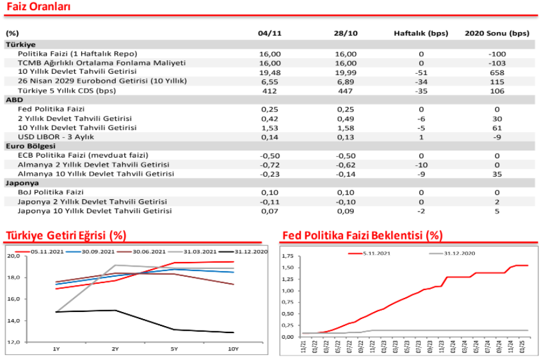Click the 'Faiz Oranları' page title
pos(38,6)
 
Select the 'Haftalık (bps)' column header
pos(421,33)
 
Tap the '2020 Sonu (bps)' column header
pos(497,33)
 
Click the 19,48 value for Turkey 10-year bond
pos(269,72)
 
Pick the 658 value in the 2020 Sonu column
pos(497,72)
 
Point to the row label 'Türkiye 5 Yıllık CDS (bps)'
pos(67,91)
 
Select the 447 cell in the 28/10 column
pos(345,91)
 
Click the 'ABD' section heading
pos(14,100)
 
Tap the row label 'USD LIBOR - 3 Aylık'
pos(56,137)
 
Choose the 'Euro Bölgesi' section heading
pos(30,146)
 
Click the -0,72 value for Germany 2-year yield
pos(269,165)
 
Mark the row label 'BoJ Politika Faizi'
pos(51,192)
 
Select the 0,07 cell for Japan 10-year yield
pos(269,211)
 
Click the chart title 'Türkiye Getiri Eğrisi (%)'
pos(66,235)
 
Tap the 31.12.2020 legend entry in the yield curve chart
pos(244,252)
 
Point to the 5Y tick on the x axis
pos(174,349)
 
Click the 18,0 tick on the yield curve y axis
pos(13,277)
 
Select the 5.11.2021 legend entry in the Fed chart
pos(369,254)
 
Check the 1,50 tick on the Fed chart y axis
pos(287,268)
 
